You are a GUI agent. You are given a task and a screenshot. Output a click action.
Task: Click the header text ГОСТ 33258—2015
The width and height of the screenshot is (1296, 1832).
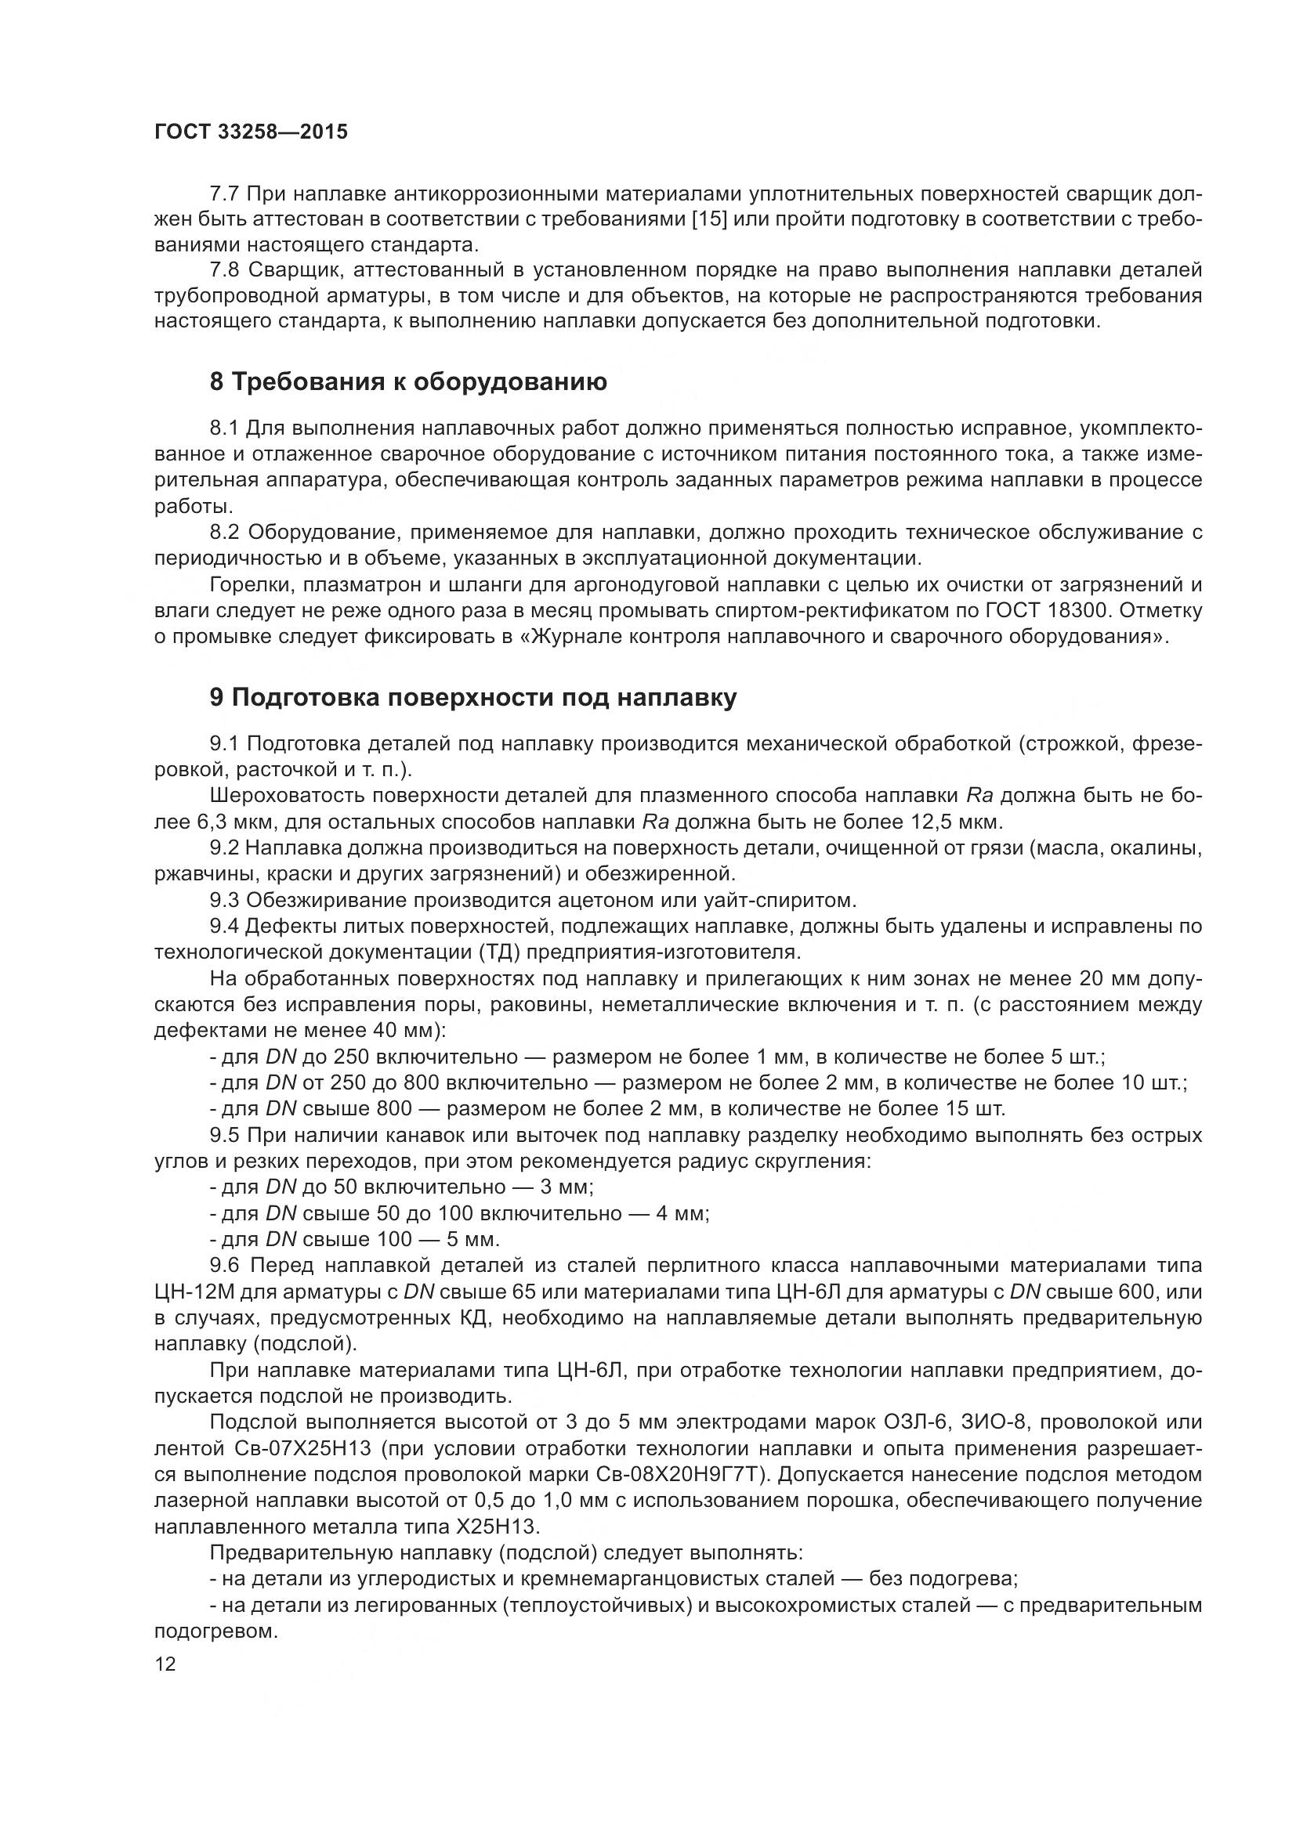pyautogui.click(x=251, y=132)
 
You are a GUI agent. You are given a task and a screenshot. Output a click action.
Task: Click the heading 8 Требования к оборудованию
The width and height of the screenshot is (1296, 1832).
pyautogui.click(x=407, y=382)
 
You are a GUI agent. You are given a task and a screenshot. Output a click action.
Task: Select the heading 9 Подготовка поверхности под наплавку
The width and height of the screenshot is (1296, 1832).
pyautogui.click(x=472, y=697)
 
